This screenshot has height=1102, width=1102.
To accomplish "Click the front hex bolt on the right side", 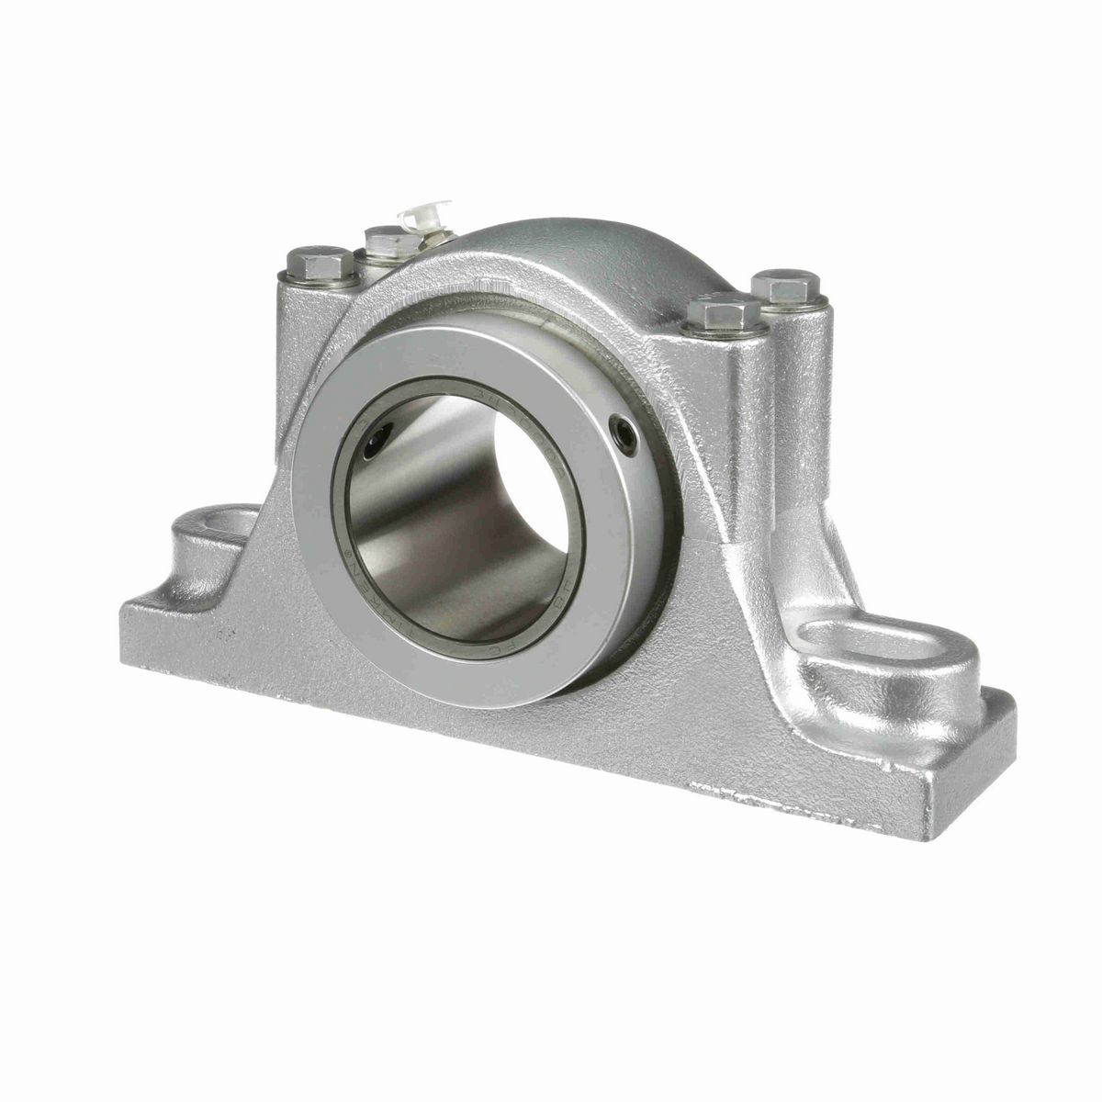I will (x=724, y=314).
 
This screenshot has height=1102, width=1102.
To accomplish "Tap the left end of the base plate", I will (x=129, y=634).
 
